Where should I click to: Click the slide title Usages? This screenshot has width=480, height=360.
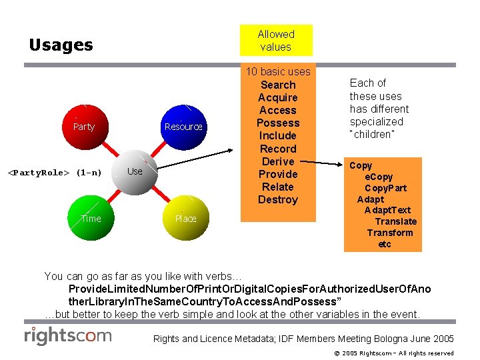(x=61, y=45)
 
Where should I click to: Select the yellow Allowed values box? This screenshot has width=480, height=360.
(x=276, y=41)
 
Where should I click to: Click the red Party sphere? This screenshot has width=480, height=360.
(x=84, y=127)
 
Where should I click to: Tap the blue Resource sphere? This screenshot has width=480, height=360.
(x=183, y=127)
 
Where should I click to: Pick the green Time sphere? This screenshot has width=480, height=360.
(x=91, y=219)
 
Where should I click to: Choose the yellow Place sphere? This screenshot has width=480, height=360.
(x=185, y=219)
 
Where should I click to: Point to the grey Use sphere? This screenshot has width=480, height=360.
(x=135, y=172)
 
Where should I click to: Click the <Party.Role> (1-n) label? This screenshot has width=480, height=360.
(x=55, y=173)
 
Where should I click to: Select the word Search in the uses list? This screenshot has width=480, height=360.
(x=278, y=85)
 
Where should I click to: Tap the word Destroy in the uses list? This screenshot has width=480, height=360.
(x=278, y=199)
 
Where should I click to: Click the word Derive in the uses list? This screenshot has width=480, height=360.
(x=278, y=161)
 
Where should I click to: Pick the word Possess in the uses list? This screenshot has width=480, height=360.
(x=278, y=123)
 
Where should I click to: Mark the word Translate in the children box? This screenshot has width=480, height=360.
(x=395, y=221)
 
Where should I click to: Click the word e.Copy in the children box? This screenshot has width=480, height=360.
(x=379, y=177)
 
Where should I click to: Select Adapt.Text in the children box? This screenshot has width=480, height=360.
(x=387, y=210)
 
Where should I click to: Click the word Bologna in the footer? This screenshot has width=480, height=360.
(x=369, y=339)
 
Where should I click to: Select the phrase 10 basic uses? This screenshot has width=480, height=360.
(x=278, y=71)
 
